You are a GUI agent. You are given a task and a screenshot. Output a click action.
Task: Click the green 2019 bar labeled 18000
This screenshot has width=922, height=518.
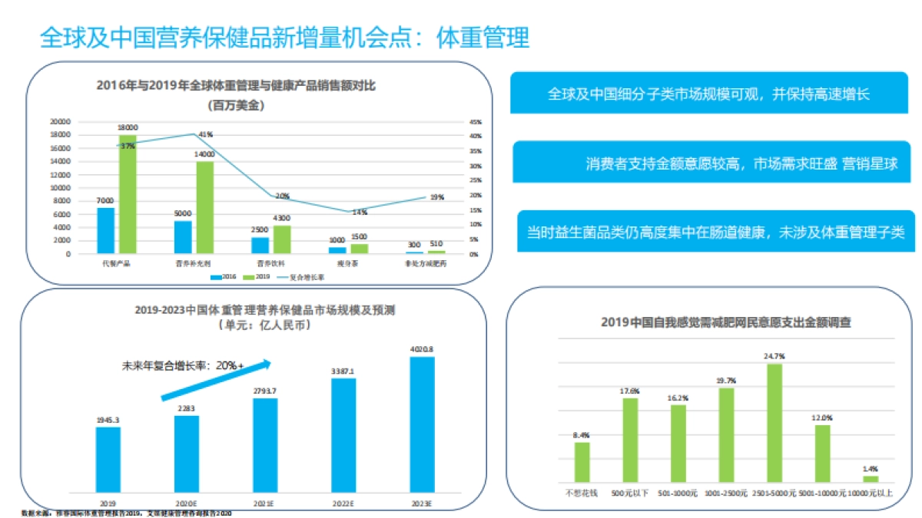click(x=128, y=194)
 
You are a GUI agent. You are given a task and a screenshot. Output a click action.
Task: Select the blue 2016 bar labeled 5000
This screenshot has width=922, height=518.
click(x=183, y=237)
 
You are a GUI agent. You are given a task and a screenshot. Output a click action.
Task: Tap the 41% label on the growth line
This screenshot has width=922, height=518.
click(x=205, y=135)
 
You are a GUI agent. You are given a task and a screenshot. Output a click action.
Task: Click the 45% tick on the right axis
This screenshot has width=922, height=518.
click(x=475, y=121)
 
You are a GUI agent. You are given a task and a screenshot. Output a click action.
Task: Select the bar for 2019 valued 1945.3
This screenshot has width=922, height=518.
click(x=108, y=459)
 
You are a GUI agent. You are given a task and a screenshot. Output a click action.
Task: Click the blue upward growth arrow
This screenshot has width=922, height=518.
click(x=215, y=380)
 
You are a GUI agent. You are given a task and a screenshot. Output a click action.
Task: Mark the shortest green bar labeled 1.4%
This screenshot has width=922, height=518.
click(x=870, y=478)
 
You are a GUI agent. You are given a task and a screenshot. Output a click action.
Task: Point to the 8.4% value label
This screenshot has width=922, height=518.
click(x=582, y=435)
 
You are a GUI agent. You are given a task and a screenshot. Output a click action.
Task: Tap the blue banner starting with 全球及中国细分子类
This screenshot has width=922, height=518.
click(x=708, y=94)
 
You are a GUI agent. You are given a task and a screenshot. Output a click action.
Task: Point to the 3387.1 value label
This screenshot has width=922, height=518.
click(x=343, y=371)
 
